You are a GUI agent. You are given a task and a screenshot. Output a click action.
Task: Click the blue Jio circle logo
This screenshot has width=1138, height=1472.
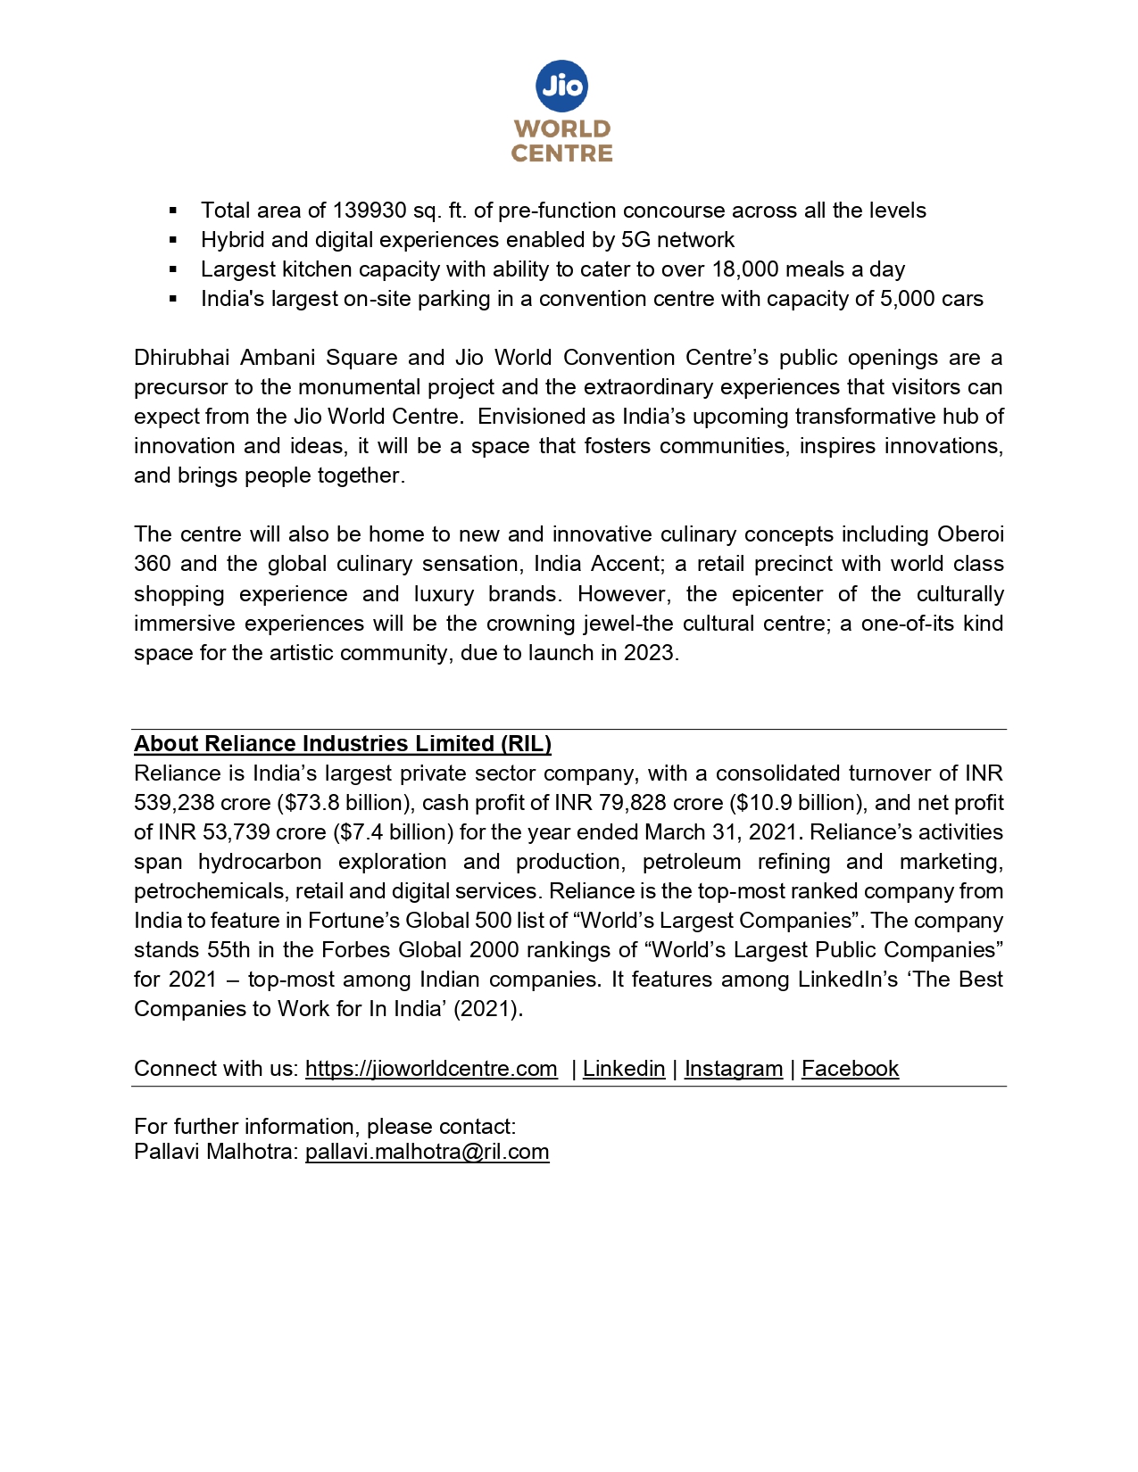pos(562,86)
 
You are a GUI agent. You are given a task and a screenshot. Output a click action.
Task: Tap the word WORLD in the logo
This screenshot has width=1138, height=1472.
pos(562,129)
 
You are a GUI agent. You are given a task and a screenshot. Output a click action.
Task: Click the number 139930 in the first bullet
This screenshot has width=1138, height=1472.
pos(369,211)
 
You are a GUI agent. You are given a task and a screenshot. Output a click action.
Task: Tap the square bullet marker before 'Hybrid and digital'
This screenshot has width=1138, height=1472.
pos(173,240)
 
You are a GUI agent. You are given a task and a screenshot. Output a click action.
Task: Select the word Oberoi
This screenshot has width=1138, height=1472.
pos(970,534)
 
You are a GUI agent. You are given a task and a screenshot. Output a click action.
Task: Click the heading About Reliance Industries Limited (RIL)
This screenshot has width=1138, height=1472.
pos(343,744)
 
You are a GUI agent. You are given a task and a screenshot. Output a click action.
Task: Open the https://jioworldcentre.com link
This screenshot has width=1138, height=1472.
pos(431,1069)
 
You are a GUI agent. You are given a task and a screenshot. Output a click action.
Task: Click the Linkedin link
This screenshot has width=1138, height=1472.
pos(624,1069)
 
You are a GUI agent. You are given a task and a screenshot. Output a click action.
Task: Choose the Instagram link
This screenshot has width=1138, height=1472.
pos(734,1069)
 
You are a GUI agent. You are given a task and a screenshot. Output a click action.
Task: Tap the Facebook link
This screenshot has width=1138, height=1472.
pos(850,1069)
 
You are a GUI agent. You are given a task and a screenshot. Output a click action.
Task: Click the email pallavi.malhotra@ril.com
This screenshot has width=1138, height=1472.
pos(427,1152)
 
